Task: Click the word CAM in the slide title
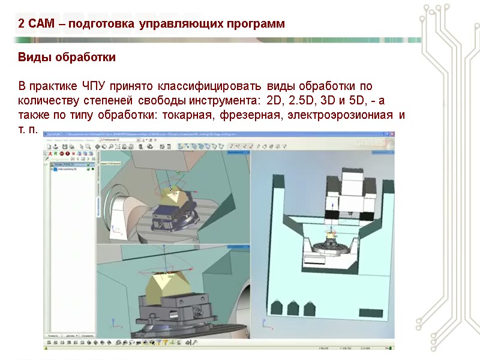click(40, 24)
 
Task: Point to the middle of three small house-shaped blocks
click(293, 308)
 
